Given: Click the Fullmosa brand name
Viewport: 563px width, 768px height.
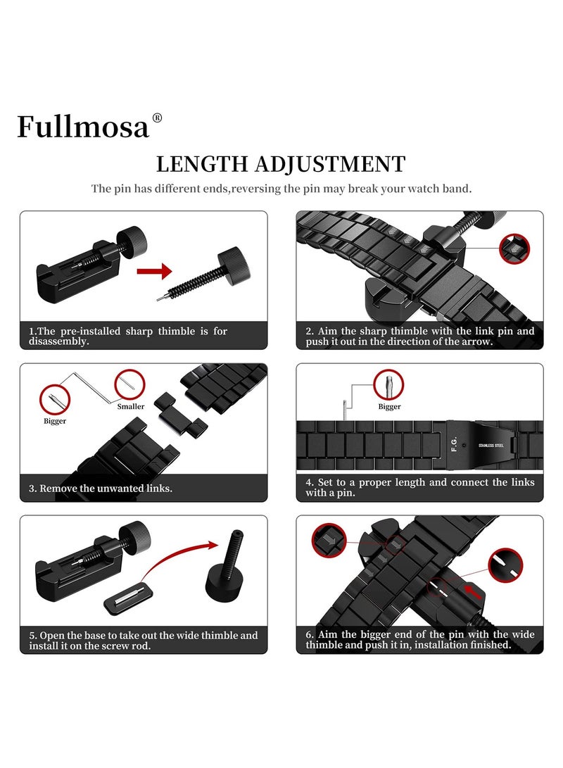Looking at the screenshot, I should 83,126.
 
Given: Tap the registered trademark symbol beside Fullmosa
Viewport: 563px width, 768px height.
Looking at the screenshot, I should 157,118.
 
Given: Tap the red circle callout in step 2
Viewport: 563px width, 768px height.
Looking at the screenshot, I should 514,248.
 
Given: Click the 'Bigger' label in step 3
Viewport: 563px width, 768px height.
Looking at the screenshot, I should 55,421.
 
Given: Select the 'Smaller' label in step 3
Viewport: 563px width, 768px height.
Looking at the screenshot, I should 131,406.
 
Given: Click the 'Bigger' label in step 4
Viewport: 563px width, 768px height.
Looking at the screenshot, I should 389,406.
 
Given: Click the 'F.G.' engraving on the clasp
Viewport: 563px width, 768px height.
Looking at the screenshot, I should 454,446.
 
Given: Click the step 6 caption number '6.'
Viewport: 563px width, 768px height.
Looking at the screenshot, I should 310,635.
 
